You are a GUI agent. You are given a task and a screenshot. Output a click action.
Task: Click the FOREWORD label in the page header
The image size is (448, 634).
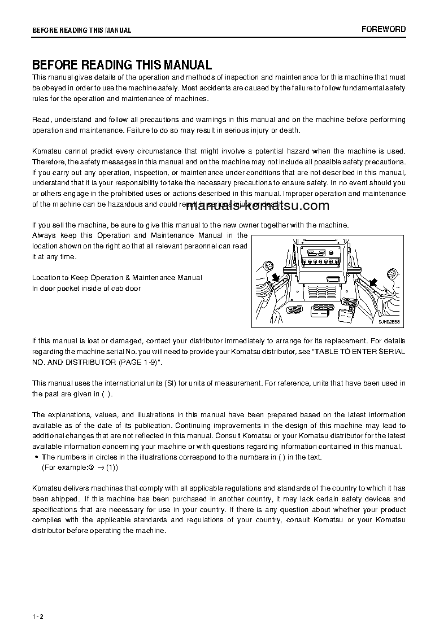click(384, 29)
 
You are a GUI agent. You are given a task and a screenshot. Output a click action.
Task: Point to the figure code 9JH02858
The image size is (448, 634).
click(389, 322)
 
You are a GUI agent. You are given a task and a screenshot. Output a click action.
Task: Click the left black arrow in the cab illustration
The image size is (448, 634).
click(276, 277)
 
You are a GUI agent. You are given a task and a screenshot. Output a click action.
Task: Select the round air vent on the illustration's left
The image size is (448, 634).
click(268, 265)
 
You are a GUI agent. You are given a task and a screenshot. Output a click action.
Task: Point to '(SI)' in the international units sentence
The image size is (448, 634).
click(171, 383)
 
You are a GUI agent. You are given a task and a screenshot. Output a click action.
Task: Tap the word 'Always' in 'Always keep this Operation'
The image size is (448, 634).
click(44, 235)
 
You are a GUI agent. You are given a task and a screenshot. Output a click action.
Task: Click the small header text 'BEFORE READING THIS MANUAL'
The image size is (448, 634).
click(81, 30)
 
